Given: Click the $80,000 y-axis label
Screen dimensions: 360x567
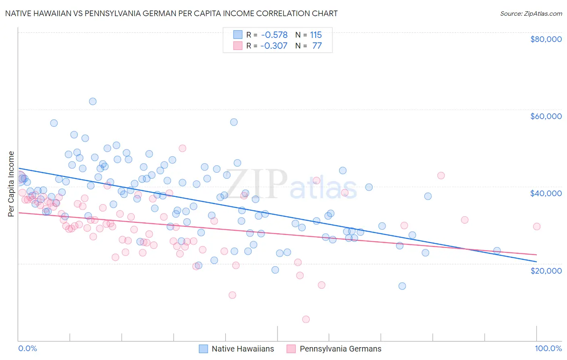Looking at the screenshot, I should click(546, 39).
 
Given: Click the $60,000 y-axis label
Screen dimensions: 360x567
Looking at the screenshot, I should click(546, 116).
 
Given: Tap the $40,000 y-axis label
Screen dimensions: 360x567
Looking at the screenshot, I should click(546, 193).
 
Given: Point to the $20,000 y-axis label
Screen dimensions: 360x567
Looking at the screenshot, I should click(546, 270).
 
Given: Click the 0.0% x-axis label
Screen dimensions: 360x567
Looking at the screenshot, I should click(27, 348).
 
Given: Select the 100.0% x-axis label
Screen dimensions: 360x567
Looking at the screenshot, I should click(548, 348).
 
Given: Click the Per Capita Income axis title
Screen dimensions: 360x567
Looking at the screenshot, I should click(11, 184).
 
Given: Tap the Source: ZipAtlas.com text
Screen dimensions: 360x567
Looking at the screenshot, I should click(531, 13).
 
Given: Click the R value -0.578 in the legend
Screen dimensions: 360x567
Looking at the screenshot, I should click(274, 35).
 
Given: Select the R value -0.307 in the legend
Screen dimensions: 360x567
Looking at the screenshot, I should click(274, 46).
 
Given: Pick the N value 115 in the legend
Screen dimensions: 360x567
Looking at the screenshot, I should click(316, 35).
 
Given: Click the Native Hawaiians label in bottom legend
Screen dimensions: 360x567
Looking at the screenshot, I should click(242, 349).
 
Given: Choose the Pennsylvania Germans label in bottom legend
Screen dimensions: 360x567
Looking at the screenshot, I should click(340, 349).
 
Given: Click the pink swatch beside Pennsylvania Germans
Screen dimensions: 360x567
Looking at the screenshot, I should click(291, 349).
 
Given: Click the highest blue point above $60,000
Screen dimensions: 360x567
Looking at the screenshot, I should click(93, 101).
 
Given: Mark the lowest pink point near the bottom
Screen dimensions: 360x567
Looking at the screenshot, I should click(306, 319).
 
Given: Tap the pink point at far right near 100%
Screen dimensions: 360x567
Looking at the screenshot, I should click(536, 226).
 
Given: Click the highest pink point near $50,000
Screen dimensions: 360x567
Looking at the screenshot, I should click(182, 148).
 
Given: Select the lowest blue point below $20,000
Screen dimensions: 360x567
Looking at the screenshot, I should click(402, 286).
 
